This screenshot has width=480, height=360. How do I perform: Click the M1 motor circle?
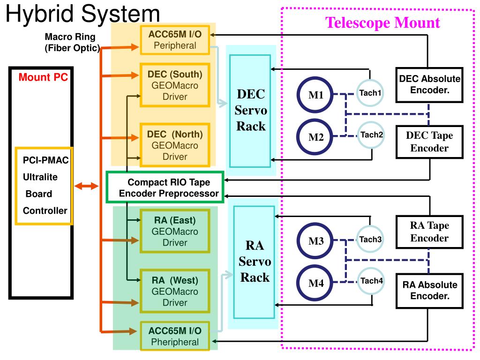[x=316, y=96]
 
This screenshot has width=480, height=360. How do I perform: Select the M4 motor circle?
[x=316, y=284]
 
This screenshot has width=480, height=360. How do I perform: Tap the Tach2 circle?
[x=372, y=135]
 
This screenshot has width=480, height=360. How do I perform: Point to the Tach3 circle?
[x=371, y=240]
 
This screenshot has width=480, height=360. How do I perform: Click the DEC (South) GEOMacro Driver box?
[x=174, y=85]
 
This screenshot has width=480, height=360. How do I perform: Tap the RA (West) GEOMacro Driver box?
[x=175, y=291]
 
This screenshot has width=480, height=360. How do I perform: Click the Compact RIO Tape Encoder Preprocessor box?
[x=166, y=187]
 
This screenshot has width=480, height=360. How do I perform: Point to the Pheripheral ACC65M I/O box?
[x=175, y=336]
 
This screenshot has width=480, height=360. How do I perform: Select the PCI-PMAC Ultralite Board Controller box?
[x=44, y=186]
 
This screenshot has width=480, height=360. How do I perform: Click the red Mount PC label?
[x=43, y=77]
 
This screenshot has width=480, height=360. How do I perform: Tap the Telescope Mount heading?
[x=383, y=22]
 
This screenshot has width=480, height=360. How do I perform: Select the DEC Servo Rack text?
[x=251, y=110]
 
